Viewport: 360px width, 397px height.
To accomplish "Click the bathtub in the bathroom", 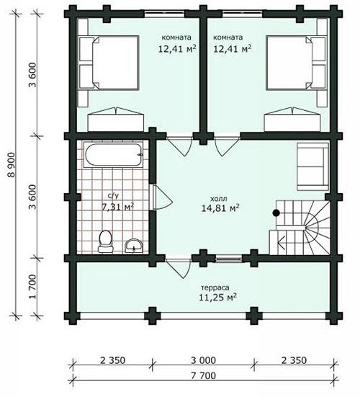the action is click(114, 155).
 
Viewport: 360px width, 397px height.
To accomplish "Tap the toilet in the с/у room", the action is click(105, 241).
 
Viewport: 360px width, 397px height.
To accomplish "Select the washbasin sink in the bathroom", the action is click(134, 246).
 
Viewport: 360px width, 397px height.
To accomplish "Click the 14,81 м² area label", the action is click(220, 208).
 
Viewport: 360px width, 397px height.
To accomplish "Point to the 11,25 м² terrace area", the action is click(217, 297).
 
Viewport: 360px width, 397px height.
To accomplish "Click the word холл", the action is click(219, 199).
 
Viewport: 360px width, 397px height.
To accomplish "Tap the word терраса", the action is click(215, 287).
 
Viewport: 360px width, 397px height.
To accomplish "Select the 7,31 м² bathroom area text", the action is click(117, 207).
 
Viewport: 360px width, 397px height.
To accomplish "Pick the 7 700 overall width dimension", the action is click(204, 375).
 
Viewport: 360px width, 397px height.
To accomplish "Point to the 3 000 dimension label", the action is click(204, 360).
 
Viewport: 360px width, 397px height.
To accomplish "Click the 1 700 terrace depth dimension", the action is click(33, 287).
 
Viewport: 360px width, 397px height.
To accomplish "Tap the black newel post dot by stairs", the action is click(276, 213).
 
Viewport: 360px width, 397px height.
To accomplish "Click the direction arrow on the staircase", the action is click(282, 243).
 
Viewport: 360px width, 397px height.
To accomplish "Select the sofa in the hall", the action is click(313, 166).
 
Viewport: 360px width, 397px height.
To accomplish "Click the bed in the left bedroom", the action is click(109, 63).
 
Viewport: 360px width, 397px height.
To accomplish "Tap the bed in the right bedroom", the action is click(295, 63).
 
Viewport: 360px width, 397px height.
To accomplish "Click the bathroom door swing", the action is click(163, 197).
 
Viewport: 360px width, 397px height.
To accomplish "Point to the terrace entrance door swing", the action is click(178, 268).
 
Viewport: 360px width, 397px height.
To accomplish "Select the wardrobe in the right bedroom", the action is click(292, 120).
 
